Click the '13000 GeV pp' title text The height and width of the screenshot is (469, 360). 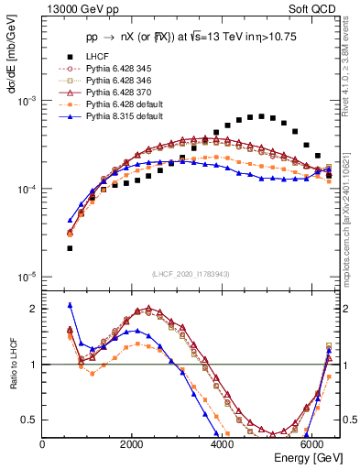click(x=73, y=10)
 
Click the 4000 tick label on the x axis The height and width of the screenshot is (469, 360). click(x=222, y=444)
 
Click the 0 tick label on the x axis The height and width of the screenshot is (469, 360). click(x=43, y=444)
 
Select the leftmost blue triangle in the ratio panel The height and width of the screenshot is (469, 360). click(x=70, y=305)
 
